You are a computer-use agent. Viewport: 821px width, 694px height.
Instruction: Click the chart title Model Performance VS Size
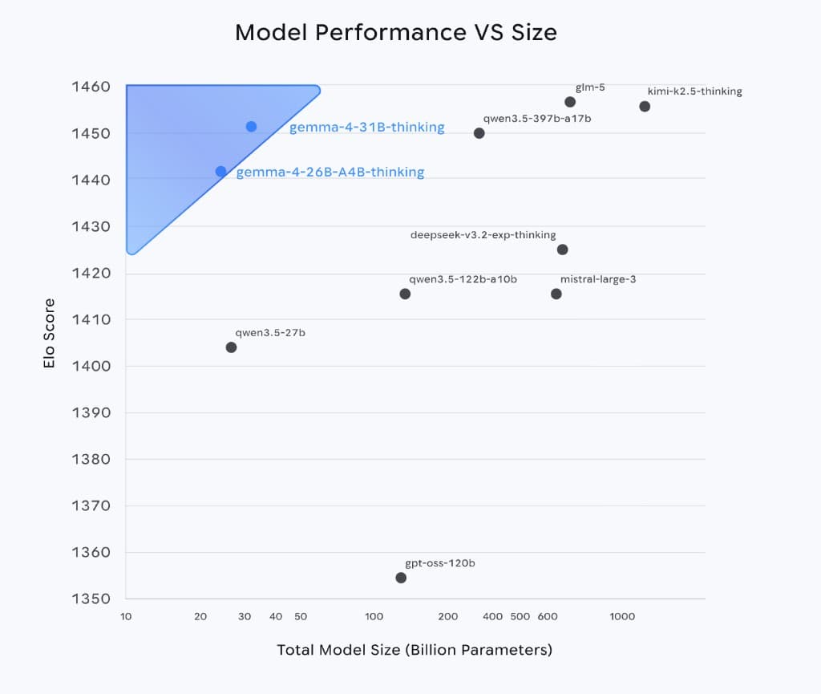coord(395,33)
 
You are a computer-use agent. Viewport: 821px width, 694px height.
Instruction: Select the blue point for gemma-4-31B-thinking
coord(251,127)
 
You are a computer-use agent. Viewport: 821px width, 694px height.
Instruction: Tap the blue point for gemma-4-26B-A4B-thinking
coord(220,172)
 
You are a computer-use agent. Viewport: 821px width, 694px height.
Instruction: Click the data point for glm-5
coord(570,102)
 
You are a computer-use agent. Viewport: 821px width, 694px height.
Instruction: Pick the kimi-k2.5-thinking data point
coord(645,107)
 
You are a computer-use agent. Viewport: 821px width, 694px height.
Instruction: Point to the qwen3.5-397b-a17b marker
coord(479,133)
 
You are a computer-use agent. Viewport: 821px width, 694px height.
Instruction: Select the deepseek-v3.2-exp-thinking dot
coord(562,250)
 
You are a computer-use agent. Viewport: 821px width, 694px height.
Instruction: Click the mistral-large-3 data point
coord(556,294)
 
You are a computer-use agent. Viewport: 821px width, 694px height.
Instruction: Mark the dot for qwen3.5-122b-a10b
coord(405,294)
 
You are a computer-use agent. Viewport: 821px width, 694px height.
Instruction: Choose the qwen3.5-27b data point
coord(231,347)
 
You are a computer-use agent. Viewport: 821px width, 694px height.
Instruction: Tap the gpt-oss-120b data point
coord(401,578)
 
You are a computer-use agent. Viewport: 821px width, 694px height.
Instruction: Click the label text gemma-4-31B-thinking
coord(366,128)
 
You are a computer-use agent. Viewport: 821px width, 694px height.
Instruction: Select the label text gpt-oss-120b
coord(440,563)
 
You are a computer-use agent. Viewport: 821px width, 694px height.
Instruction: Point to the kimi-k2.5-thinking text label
coord(694,91)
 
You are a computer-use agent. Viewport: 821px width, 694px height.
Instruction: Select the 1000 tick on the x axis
coord(622,616)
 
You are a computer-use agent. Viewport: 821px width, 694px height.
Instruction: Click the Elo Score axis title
coord(50,333)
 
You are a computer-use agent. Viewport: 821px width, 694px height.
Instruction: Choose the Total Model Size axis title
coord(415,650)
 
